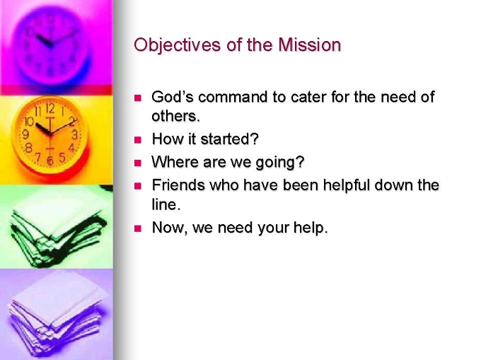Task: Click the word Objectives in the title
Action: (177, 45)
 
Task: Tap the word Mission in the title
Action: (310, 45)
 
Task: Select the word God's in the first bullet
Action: (173, 97)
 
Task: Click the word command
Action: (233, 97)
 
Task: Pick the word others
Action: (175, 116)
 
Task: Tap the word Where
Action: (175, 162)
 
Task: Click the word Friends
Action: (178, 185)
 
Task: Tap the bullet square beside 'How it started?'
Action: (138, 140)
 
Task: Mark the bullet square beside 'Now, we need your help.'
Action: (138, 228)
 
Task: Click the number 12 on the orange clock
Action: (50, 108)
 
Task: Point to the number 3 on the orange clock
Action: (74, 134)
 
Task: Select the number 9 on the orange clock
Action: (26, 134)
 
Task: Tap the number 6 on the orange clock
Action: (51, 161)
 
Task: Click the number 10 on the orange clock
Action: (29, 122)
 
